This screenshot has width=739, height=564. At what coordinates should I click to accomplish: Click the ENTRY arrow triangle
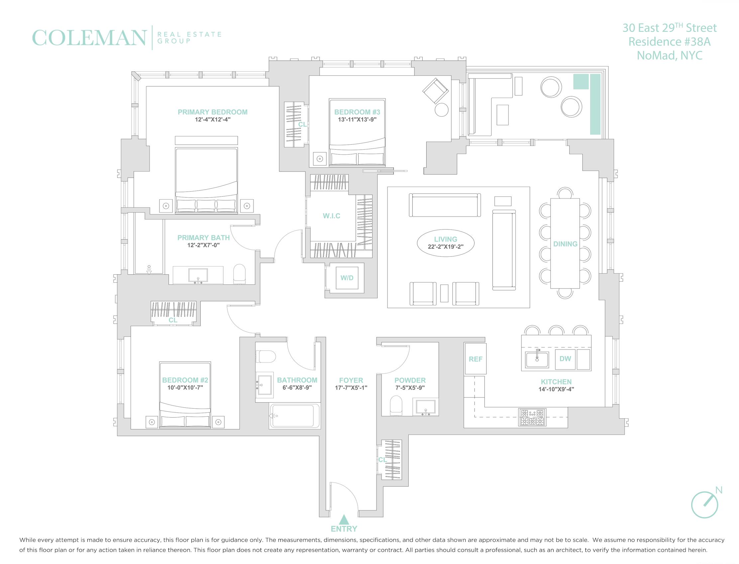click(x=344, y=520)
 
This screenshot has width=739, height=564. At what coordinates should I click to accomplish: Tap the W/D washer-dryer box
click(x=347, y=278)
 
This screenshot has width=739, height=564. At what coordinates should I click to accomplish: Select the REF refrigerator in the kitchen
click(x=475, y=359)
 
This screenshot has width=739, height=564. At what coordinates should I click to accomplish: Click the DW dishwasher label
click(x=565, y=358)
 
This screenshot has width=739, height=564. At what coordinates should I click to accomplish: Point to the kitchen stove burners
click(x=532, y=417)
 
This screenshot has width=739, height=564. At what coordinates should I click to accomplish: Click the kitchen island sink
click(x=537, y=359)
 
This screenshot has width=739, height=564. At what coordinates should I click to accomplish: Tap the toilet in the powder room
click(x=396, y=405)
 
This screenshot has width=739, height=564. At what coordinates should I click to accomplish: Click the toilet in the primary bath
click(x=239, y=274)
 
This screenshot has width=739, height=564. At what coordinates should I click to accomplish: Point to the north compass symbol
click(x=705, y=504)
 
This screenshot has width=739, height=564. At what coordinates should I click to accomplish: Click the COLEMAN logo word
click(x=89, y=38)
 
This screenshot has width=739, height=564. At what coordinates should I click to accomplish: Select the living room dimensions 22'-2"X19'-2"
click(x=446, y=246)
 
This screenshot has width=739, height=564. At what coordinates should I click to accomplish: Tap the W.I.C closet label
click(x=331, y=216)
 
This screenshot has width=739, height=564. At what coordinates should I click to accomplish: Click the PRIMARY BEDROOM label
click(x=213, y=112)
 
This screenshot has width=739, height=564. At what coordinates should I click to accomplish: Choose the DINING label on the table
click(x=565, y=244)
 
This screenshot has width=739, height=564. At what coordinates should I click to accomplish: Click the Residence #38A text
click(x=670, y=42)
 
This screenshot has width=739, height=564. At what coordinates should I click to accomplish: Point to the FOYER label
click(x=351, y=380)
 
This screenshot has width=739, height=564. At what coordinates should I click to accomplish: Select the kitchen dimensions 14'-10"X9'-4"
click(x=556, y=389)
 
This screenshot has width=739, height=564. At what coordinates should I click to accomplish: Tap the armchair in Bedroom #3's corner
click(x=435, y=91)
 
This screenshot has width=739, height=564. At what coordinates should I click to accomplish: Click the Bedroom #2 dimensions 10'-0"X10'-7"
click(x=185, y=387)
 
